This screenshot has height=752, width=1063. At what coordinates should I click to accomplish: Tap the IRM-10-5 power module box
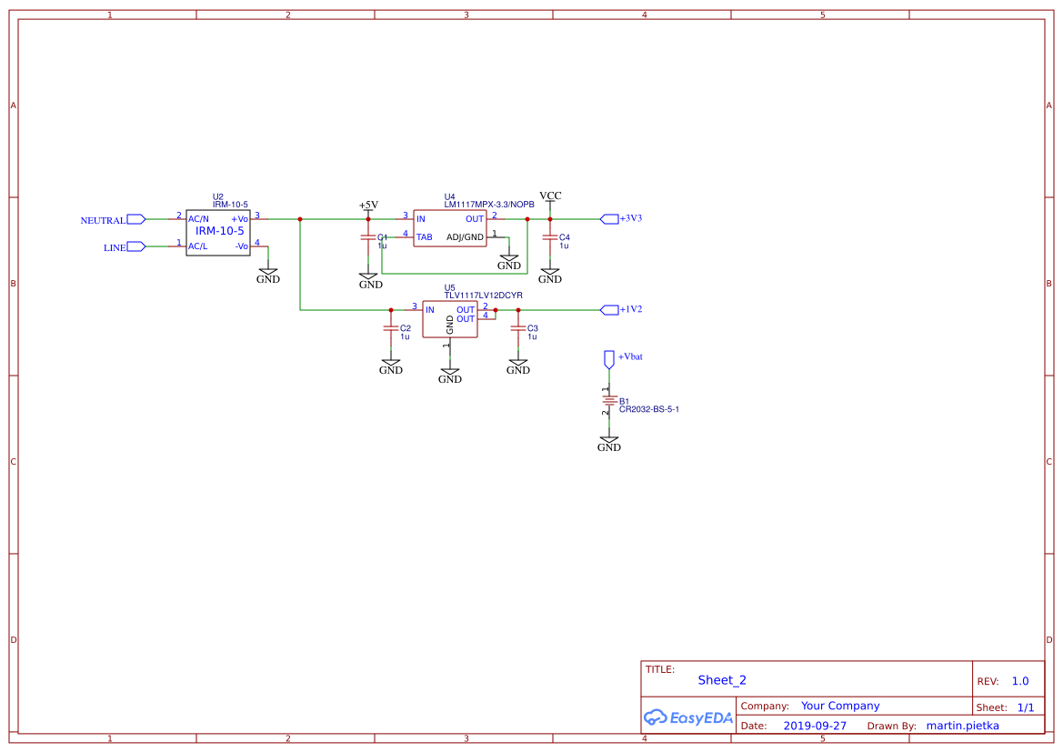[218, 232]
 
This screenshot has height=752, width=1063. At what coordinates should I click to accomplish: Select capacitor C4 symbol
[550, 237]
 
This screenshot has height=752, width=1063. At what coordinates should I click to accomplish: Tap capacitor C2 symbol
[391, 328]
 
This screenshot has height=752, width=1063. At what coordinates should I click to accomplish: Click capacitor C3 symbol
[518, 328]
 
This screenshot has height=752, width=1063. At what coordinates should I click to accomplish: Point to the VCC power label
[550, 196]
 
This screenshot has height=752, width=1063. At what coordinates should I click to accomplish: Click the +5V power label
[368, 205]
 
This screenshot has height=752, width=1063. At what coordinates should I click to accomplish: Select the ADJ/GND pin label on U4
[465, 237]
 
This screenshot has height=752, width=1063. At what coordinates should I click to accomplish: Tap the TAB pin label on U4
[424, 237]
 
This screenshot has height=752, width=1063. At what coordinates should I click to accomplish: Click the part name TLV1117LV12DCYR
[483, 296]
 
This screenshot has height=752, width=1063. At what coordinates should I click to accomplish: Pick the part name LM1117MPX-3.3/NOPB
[488, 205]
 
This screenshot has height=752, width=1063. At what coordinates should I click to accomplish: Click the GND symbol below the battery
[609, 444]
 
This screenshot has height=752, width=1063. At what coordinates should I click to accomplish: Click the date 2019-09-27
[814, 726]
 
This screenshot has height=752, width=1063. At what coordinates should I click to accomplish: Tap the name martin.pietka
[961, 726]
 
